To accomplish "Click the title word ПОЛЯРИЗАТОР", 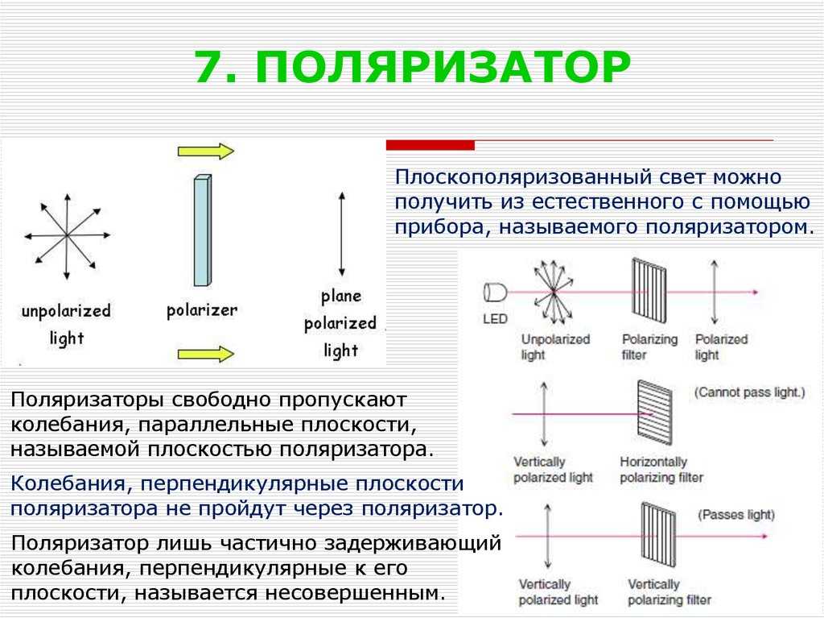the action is [x=443, y=68].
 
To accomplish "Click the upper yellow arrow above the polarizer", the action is [x=206, y=151].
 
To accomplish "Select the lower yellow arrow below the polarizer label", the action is [x=206, y=354].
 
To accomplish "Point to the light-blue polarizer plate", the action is [x=202, y=230].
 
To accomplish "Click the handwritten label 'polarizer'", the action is [x=202, y=310].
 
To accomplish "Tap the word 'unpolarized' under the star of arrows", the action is [x=66, y=311].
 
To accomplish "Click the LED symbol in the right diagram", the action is [x=495, y=292].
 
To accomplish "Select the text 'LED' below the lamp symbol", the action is [x=495, y=319].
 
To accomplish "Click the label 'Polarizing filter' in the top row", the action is [x=649, y=347].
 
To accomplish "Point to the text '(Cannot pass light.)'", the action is [x=750, y=392].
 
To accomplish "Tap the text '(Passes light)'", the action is [x=736, y=514].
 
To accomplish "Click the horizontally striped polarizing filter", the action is [x=655, y=413].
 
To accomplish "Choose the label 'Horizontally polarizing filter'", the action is [x=661, y=470].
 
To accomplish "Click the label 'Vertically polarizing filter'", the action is [x=669, y=592].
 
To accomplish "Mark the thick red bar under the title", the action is [x=431, y=145].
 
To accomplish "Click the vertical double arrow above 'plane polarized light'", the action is [x=342, y=234].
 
